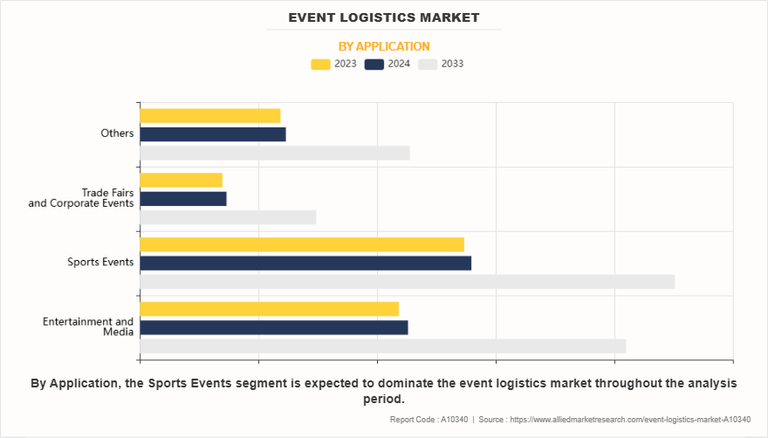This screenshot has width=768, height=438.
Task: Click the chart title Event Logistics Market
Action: coord(384,17)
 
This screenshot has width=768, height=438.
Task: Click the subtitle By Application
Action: coord(384,46)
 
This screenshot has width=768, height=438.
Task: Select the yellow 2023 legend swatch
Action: coord(321,64)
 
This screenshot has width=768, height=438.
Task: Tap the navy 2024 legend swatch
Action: coord(375,64)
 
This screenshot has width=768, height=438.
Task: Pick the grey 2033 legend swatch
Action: coord(428,64)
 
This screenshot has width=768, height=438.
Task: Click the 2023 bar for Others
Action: coord(209,115)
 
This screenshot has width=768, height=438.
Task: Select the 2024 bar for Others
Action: coord(212,134)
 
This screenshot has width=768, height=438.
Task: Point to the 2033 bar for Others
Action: coord(274,154)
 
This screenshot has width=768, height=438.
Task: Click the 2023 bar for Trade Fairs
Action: coord(181,180)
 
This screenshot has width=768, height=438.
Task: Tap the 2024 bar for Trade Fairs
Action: coord(182,199)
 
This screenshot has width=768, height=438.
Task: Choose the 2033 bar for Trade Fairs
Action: coord(227,218)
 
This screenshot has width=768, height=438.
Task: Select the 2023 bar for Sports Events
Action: coord(301,244)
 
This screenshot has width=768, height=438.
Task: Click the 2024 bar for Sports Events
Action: coord(305,263)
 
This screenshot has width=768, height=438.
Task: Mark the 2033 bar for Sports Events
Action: coord(407,282)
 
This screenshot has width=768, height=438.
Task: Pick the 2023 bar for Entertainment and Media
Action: coord(269,309)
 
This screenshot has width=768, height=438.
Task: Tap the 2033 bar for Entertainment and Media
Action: coord(382,346)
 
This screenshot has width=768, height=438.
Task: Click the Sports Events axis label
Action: coord(101,262)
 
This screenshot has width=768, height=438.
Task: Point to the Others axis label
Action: coord(117,133)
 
